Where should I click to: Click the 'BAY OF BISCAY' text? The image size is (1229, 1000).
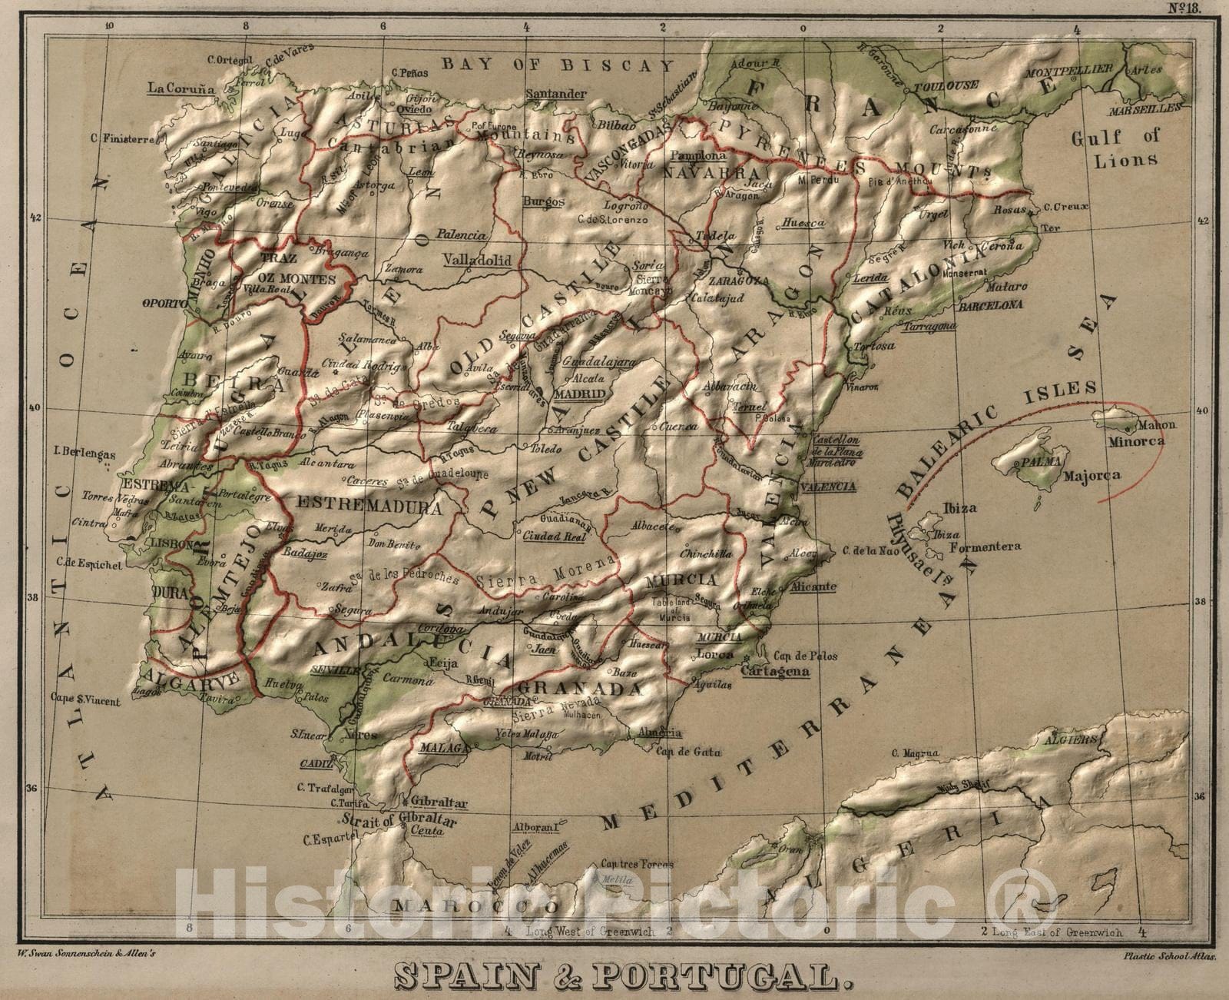(558, 65)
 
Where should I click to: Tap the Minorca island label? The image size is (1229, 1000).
(1136, 441)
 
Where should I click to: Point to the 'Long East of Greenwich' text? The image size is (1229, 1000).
(1056, 932)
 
